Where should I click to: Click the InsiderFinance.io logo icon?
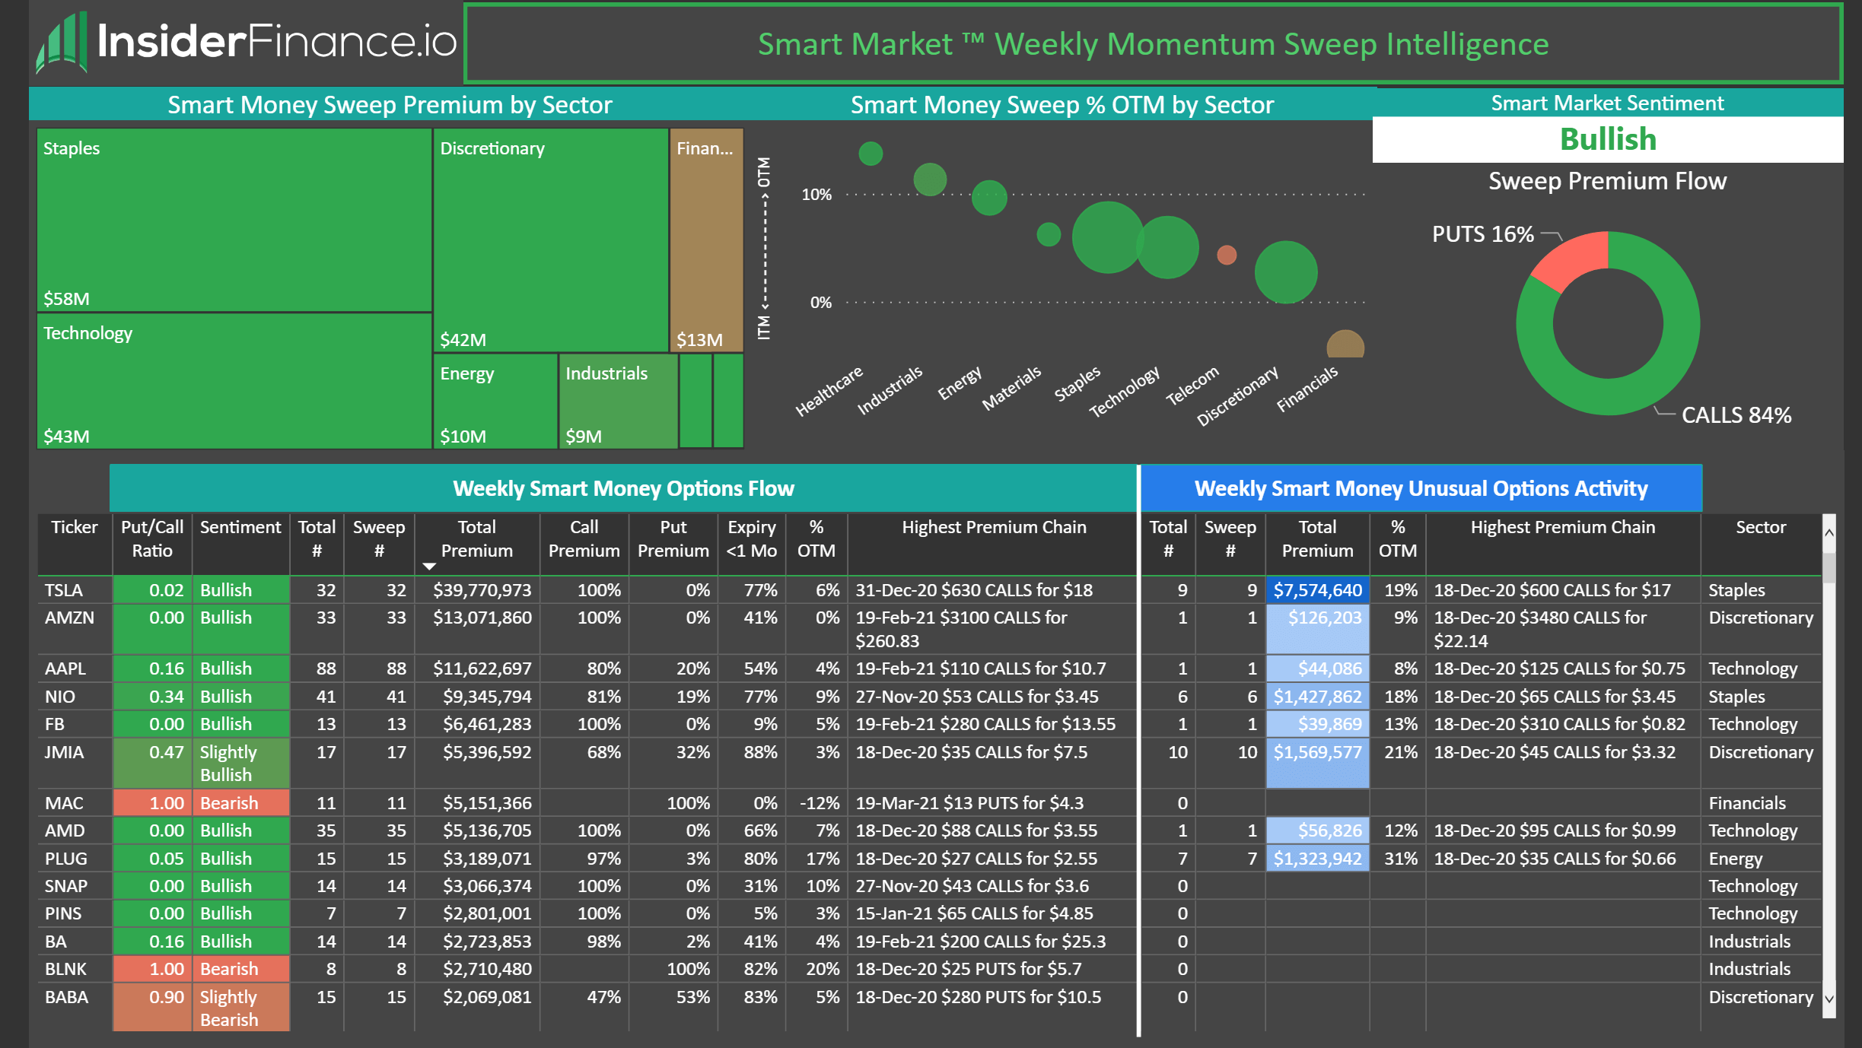(x=61, y=44)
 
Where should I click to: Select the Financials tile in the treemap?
(x=706, y=240)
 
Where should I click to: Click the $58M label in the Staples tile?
(x=66, y=299)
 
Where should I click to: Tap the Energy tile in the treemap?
(x=495, y=401)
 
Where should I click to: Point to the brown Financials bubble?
(x=1345, y=345)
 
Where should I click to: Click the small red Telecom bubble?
(x=1226, y=255)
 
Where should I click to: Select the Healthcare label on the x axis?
(x=829, y=390)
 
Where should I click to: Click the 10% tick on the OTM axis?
(x=816, y=195)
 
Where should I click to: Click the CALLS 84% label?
(x=1736, y=415)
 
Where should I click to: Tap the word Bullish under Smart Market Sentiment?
(x=1607, y=140)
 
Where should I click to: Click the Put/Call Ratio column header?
(x=152, y=538)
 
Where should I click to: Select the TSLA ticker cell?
(x=64, y=590)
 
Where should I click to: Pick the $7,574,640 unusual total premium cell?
(x=1317, y=590)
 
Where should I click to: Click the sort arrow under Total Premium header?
(x=429, y=567)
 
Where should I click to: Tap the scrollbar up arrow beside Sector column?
(x=1829, y=533)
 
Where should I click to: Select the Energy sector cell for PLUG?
(x=1735, y=859)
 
